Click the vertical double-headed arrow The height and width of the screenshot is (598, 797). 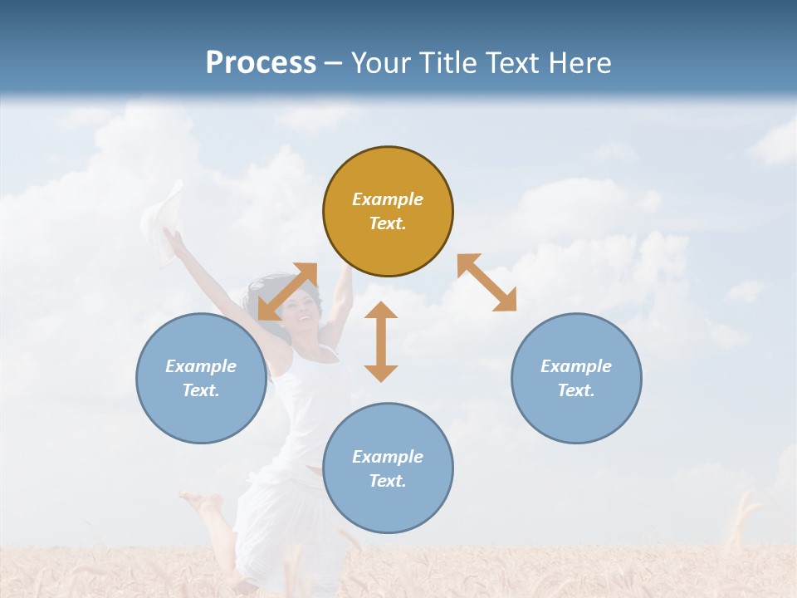(381, 341)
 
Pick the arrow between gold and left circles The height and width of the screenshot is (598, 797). (288, 292)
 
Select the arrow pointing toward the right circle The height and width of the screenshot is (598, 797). (487, 282)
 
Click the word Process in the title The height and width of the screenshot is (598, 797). (261, 62)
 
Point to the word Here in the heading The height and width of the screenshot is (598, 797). (582, 62)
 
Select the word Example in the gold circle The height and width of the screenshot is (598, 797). (388, 199)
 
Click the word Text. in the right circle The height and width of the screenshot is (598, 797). (576, 390)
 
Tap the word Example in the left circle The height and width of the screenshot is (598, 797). (201, 366)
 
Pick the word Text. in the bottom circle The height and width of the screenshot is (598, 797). (388, 481)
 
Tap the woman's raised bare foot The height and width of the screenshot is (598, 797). (199, 501)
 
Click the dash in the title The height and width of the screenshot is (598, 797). (334, 63)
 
